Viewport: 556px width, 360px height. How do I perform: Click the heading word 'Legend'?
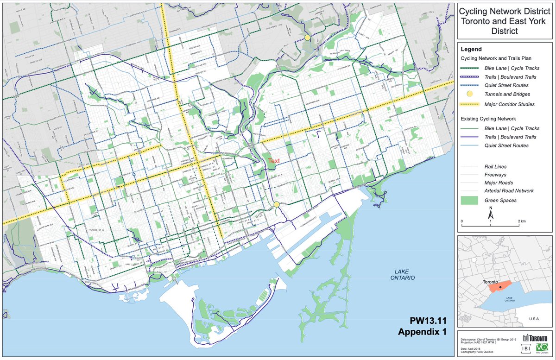coord(472,49)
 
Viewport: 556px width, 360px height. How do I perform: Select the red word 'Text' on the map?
coord(273,161)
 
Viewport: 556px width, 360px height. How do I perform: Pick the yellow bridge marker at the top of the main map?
coord(307,37)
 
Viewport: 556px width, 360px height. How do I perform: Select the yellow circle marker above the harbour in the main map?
coord(277,204)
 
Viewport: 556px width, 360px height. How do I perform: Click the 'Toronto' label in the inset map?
coord(490,282)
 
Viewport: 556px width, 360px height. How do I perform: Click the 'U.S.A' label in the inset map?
coord(535,319)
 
